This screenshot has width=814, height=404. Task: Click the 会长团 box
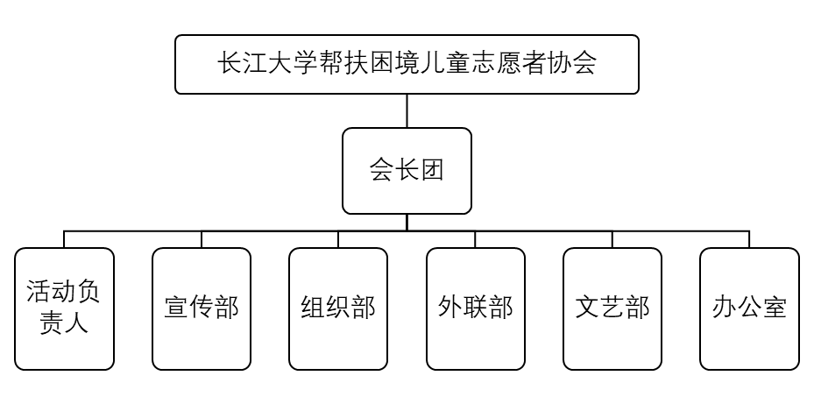(407, 171)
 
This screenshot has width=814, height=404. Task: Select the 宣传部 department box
(202, 308)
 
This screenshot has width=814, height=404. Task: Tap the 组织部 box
(338, 308)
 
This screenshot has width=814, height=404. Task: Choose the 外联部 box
(476, 308)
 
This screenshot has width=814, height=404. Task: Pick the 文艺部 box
(612, 308)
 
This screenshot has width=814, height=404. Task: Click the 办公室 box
(749, 308)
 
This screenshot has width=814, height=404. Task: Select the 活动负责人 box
(64, 308)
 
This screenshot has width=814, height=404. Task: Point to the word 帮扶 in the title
(344, 64)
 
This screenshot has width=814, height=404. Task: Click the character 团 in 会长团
(432, 170)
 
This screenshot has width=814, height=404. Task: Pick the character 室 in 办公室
(775, 308)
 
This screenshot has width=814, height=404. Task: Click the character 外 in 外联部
(450, 308)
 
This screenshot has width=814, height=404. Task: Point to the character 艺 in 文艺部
(612, 308)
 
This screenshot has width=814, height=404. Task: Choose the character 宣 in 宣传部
(176, 308)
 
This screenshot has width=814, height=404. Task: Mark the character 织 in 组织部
(338, 308)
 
